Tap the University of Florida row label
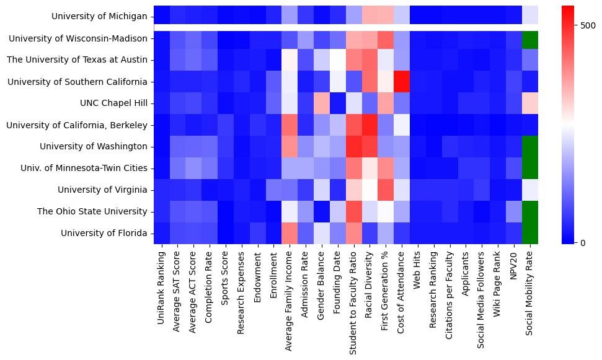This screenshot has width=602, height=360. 104,233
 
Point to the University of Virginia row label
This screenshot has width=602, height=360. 103,190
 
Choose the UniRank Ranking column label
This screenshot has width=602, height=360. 162,284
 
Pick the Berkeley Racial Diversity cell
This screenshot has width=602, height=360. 370,125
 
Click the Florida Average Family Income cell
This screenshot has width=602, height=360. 290,233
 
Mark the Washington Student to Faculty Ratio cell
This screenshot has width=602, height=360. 353,147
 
